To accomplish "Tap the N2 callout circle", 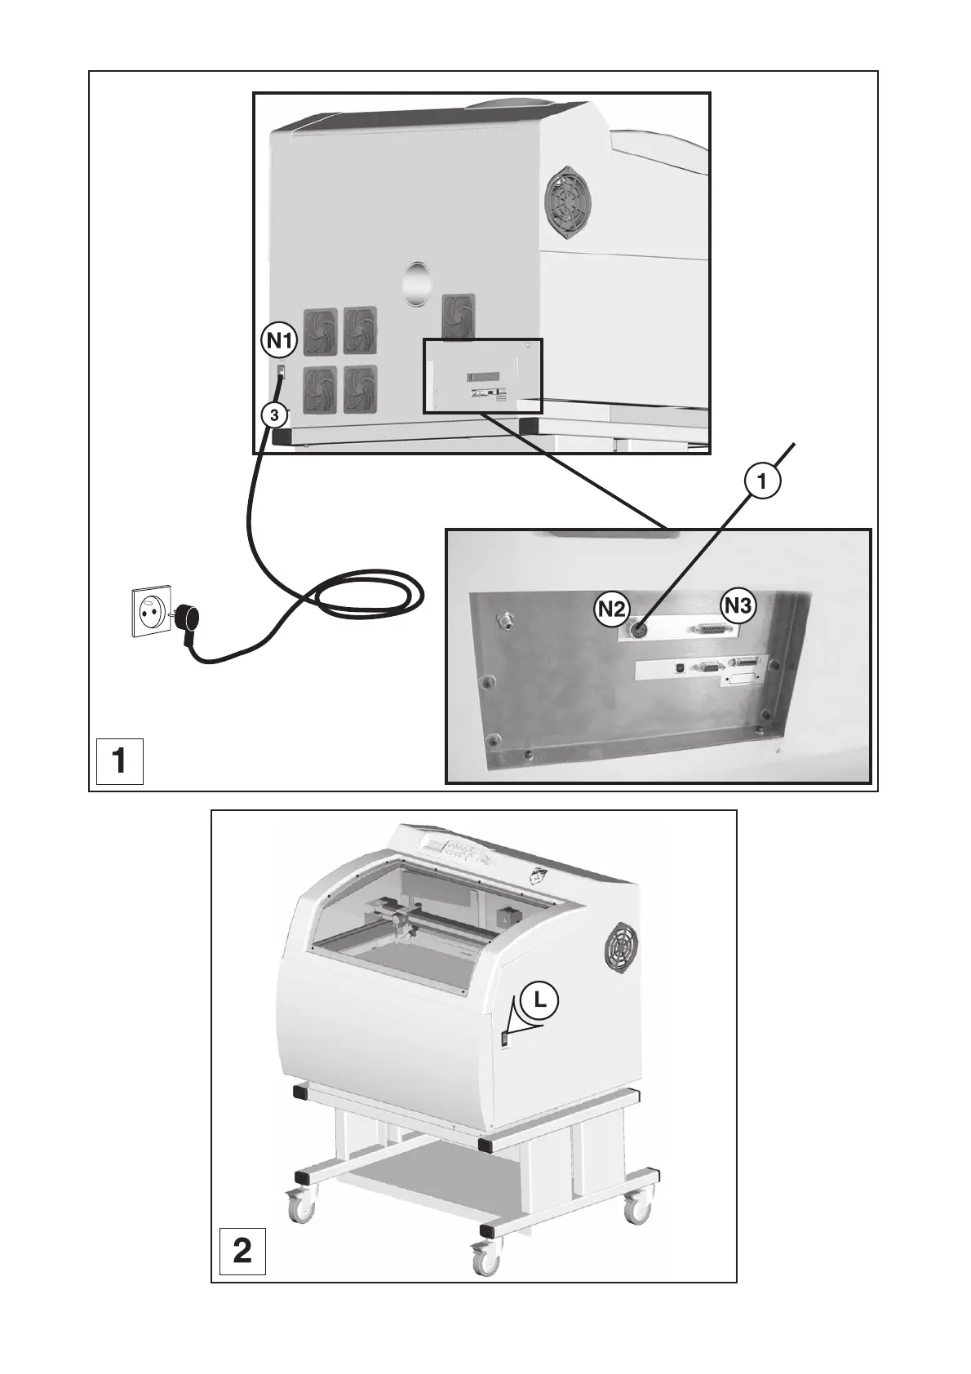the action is pyautogui.click(x=610, y=607).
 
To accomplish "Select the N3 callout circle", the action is pyautogui.click(x=738, y=606).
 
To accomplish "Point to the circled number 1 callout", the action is pyautogui.click(x=761, y=482).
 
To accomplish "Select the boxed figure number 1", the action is pyautogui.click(x=120, y=760).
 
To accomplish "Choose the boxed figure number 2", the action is pyautogui.click(x=242, y=1251).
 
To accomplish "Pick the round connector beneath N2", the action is pyautogui.click(x=638, y=631).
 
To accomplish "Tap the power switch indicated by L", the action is pyautogui.click(x=505, y=1038).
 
